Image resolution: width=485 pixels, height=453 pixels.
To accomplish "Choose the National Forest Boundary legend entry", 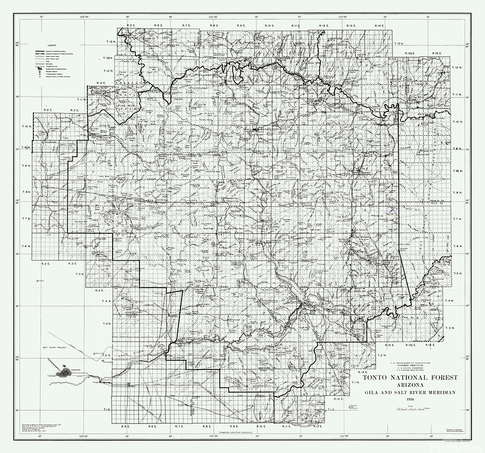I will [x=59, y=51].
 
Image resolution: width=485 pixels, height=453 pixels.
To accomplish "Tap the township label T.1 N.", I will [x=355, y=382].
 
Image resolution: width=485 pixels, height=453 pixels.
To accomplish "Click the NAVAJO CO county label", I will [x=442, y=199].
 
